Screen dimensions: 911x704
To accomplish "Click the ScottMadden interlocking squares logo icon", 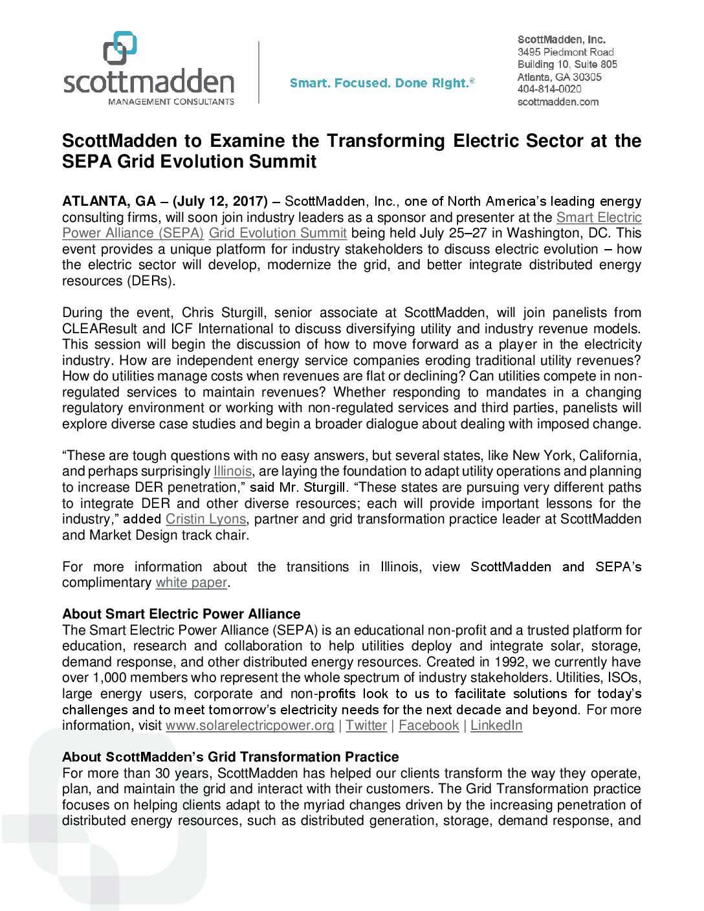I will pyautogui.click(x=120, y=48).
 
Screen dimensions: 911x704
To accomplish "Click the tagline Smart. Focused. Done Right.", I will pyautogui.click(x=382, y=83).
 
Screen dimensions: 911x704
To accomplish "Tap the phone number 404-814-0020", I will pyautogui.click(x=549, y=89).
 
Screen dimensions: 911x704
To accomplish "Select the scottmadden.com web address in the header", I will pyautogui.click(x=558, y=102).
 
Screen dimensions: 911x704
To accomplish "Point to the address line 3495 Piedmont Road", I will pyautogui.click(x=566, y=52).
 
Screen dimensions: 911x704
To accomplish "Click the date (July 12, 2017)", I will pyautogui.click(x=220, y=201).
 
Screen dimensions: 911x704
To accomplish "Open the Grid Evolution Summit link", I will pyautogui.click(x=278, y=233).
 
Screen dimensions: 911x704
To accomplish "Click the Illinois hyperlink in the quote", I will pyautogui.click(x=232, y=471).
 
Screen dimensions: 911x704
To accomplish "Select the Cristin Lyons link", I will pyautogui.click(x=206, y=519).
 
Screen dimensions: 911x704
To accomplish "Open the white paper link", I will pyautogui.click(x=192, y=582).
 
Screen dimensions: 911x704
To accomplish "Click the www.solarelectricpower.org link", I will pyautogui.click(x=250, y=725).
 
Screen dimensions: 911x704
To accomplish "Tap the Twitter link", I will pyautogui.click(x=366, y=725).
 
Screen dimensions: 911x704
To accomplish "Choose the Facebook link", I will pyautogui.click(x=428, y=725).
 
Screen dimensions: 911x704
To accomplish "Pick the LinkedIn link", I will pyautogui.click(x=496, y=725).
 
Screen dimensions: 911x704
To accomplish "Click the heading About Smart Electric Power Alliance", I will pyautogui.click(x=181, y=613).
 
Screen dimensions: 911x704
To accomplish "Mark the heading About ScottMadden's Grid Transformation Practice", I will pyautogui.click(x=230, y=756).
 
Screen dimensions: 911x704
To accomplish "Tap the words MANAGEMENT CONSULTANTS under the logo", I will pyautogui.click(x=171, y=102).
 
